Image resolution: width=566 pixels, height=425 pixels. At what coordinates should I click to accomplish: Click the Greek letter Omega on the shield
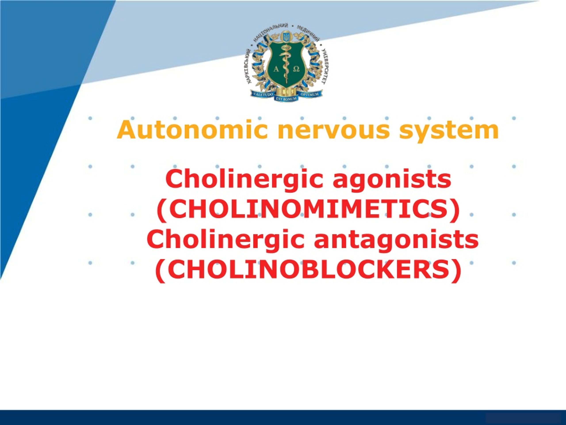[x=296, y=69]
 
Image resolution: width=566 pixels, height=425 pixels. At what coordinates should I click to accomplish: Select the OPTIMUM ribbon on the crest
[x=309, y=94]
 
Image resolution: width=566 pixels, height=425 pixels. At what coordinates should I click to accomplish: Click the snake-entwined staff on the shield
[x=286, y=64]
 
